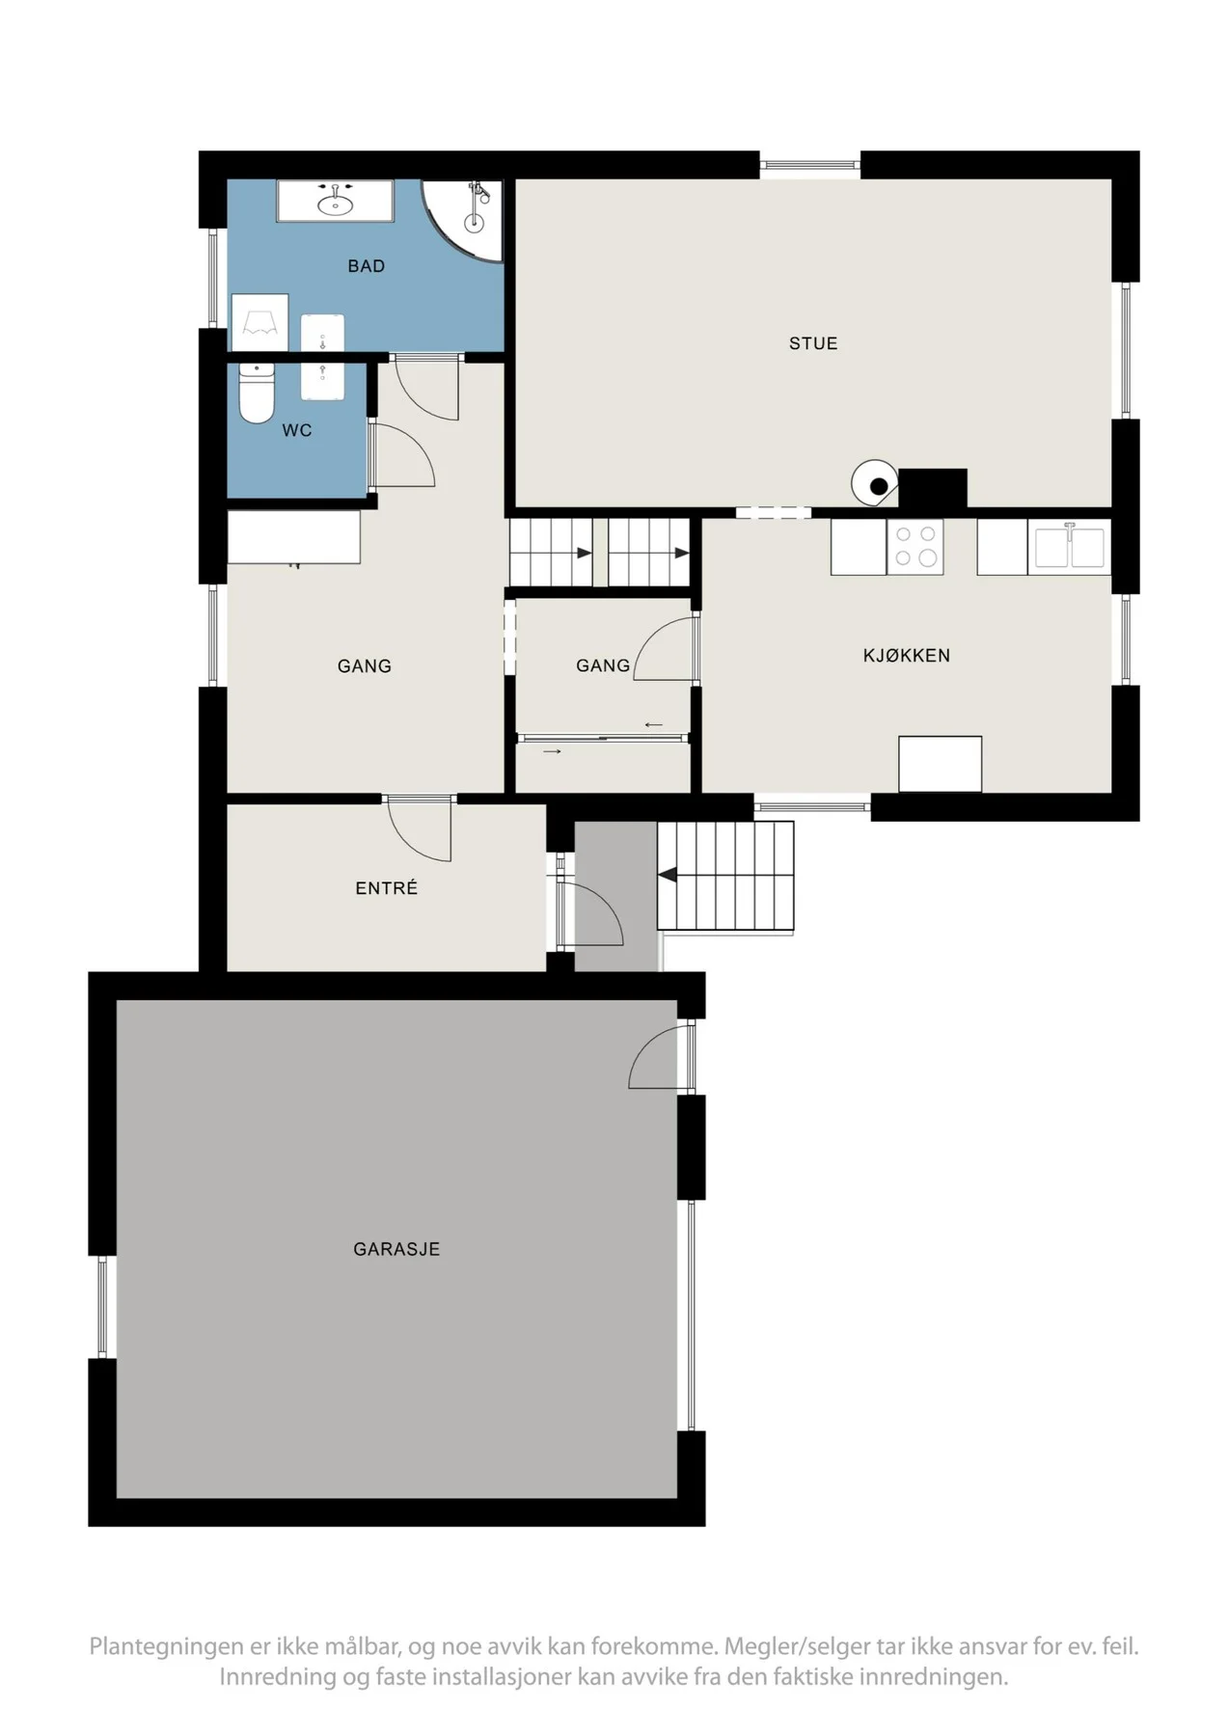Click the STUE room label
813,343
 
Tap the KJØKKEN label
907,656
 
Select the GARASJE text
396,1249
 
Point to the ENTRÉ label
387,888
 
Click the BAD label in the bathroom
367,266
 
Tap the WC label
297,430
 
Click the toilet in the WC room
257,393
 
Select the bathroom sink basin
335,203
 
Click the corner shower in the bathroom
463,221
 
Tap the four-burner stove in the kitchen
914,547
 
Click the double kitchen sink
1070,547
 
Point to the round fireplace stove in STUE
875,482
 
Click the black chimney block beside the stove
933,488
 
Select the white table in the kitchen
941,764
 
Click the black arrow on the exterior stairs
667,876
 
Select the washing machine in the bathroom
259,323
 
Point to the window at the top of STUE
810,165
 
